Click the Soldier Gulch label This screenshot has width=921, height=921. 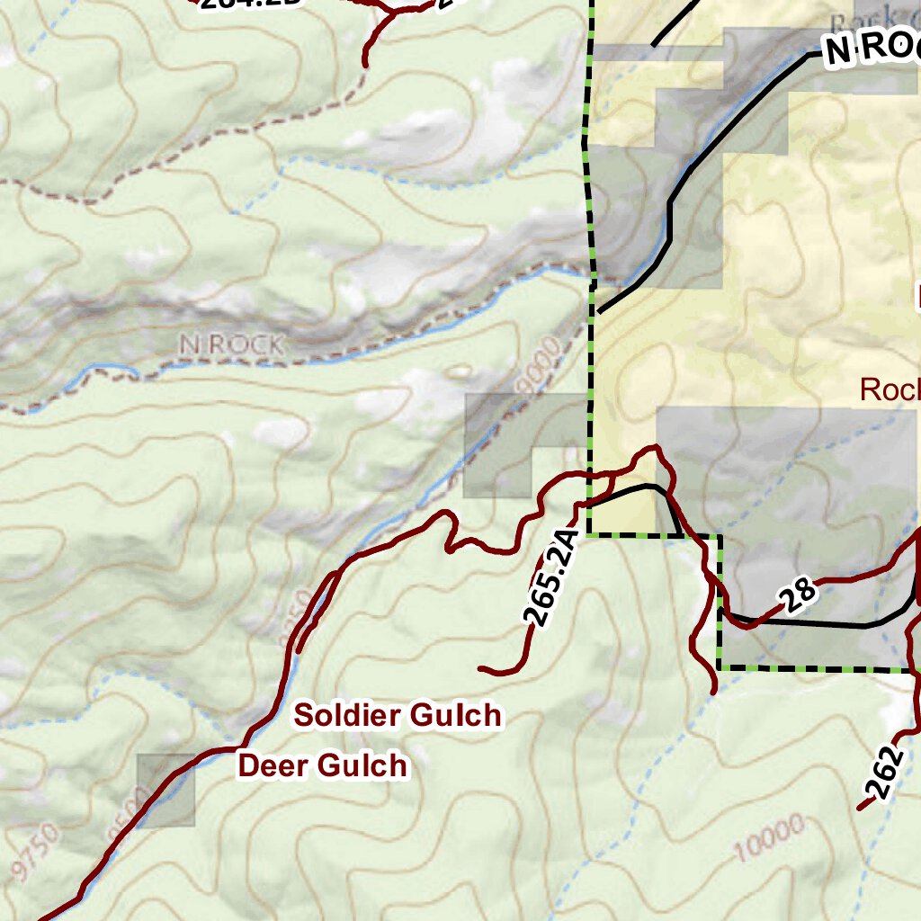pos(398,716)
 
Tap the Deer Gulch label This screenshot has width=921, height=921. pos(322,766)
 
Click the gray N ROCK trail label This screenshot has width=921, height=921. pos(231,344)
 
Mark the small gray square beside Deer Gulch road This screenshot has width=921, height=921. pos(165,791)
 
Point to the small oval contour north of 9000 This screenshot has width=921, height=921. pos(460,371)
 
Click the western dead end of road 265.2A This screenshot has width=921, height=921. pos(482,669)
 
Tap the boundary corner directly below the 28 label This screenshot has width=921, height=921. pos(719,668)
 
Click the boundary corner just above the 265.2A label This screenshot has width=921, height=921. pos(588,534)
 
